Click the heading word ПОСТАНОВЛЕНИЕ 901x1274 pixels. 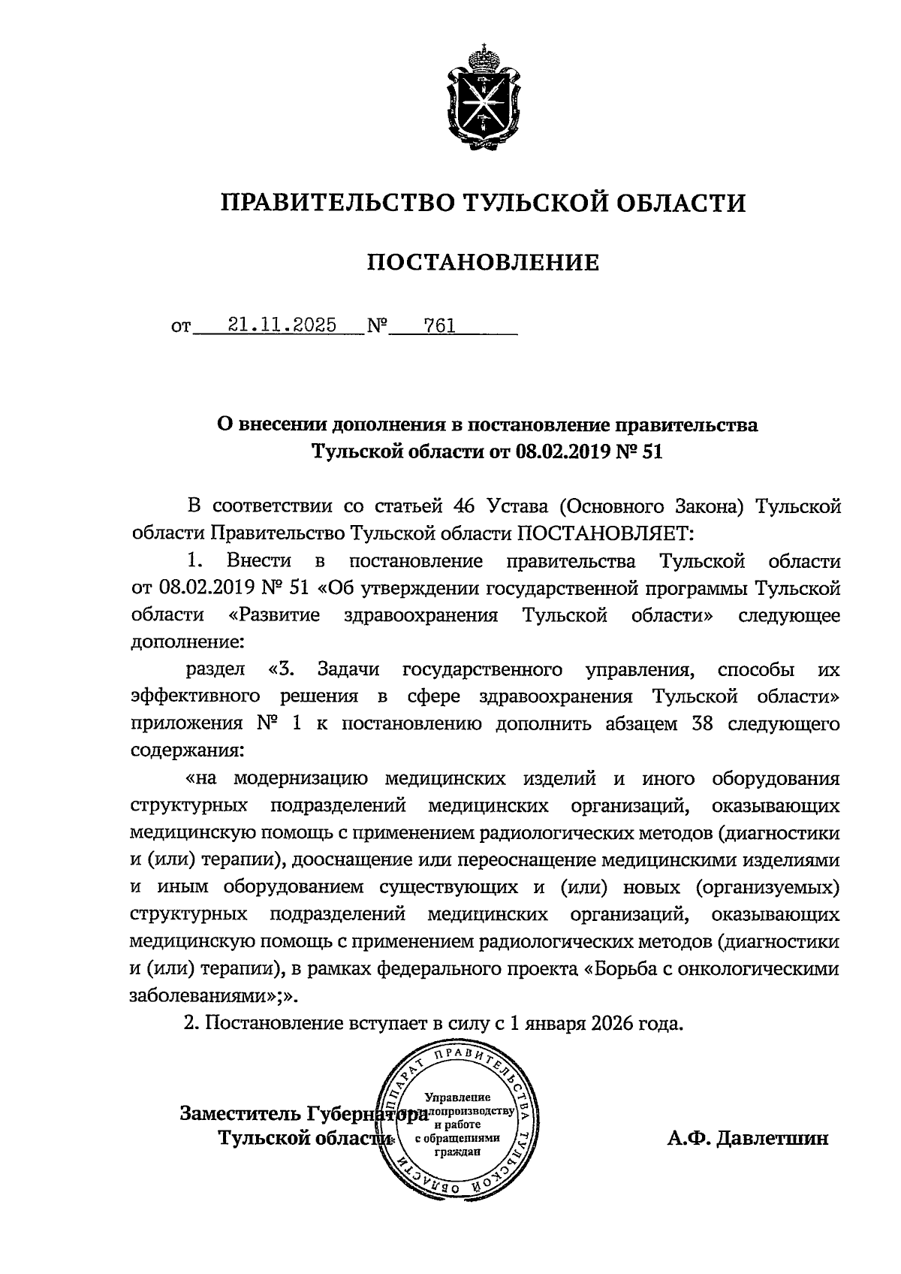[x=483, y=262]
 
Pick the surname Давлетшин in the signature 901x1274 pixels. [x=773, y=1138]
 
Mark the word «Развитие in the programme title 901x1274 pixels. [x=274, y=615]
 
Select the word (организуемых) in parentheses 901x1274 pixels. [x=767, y=887]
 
